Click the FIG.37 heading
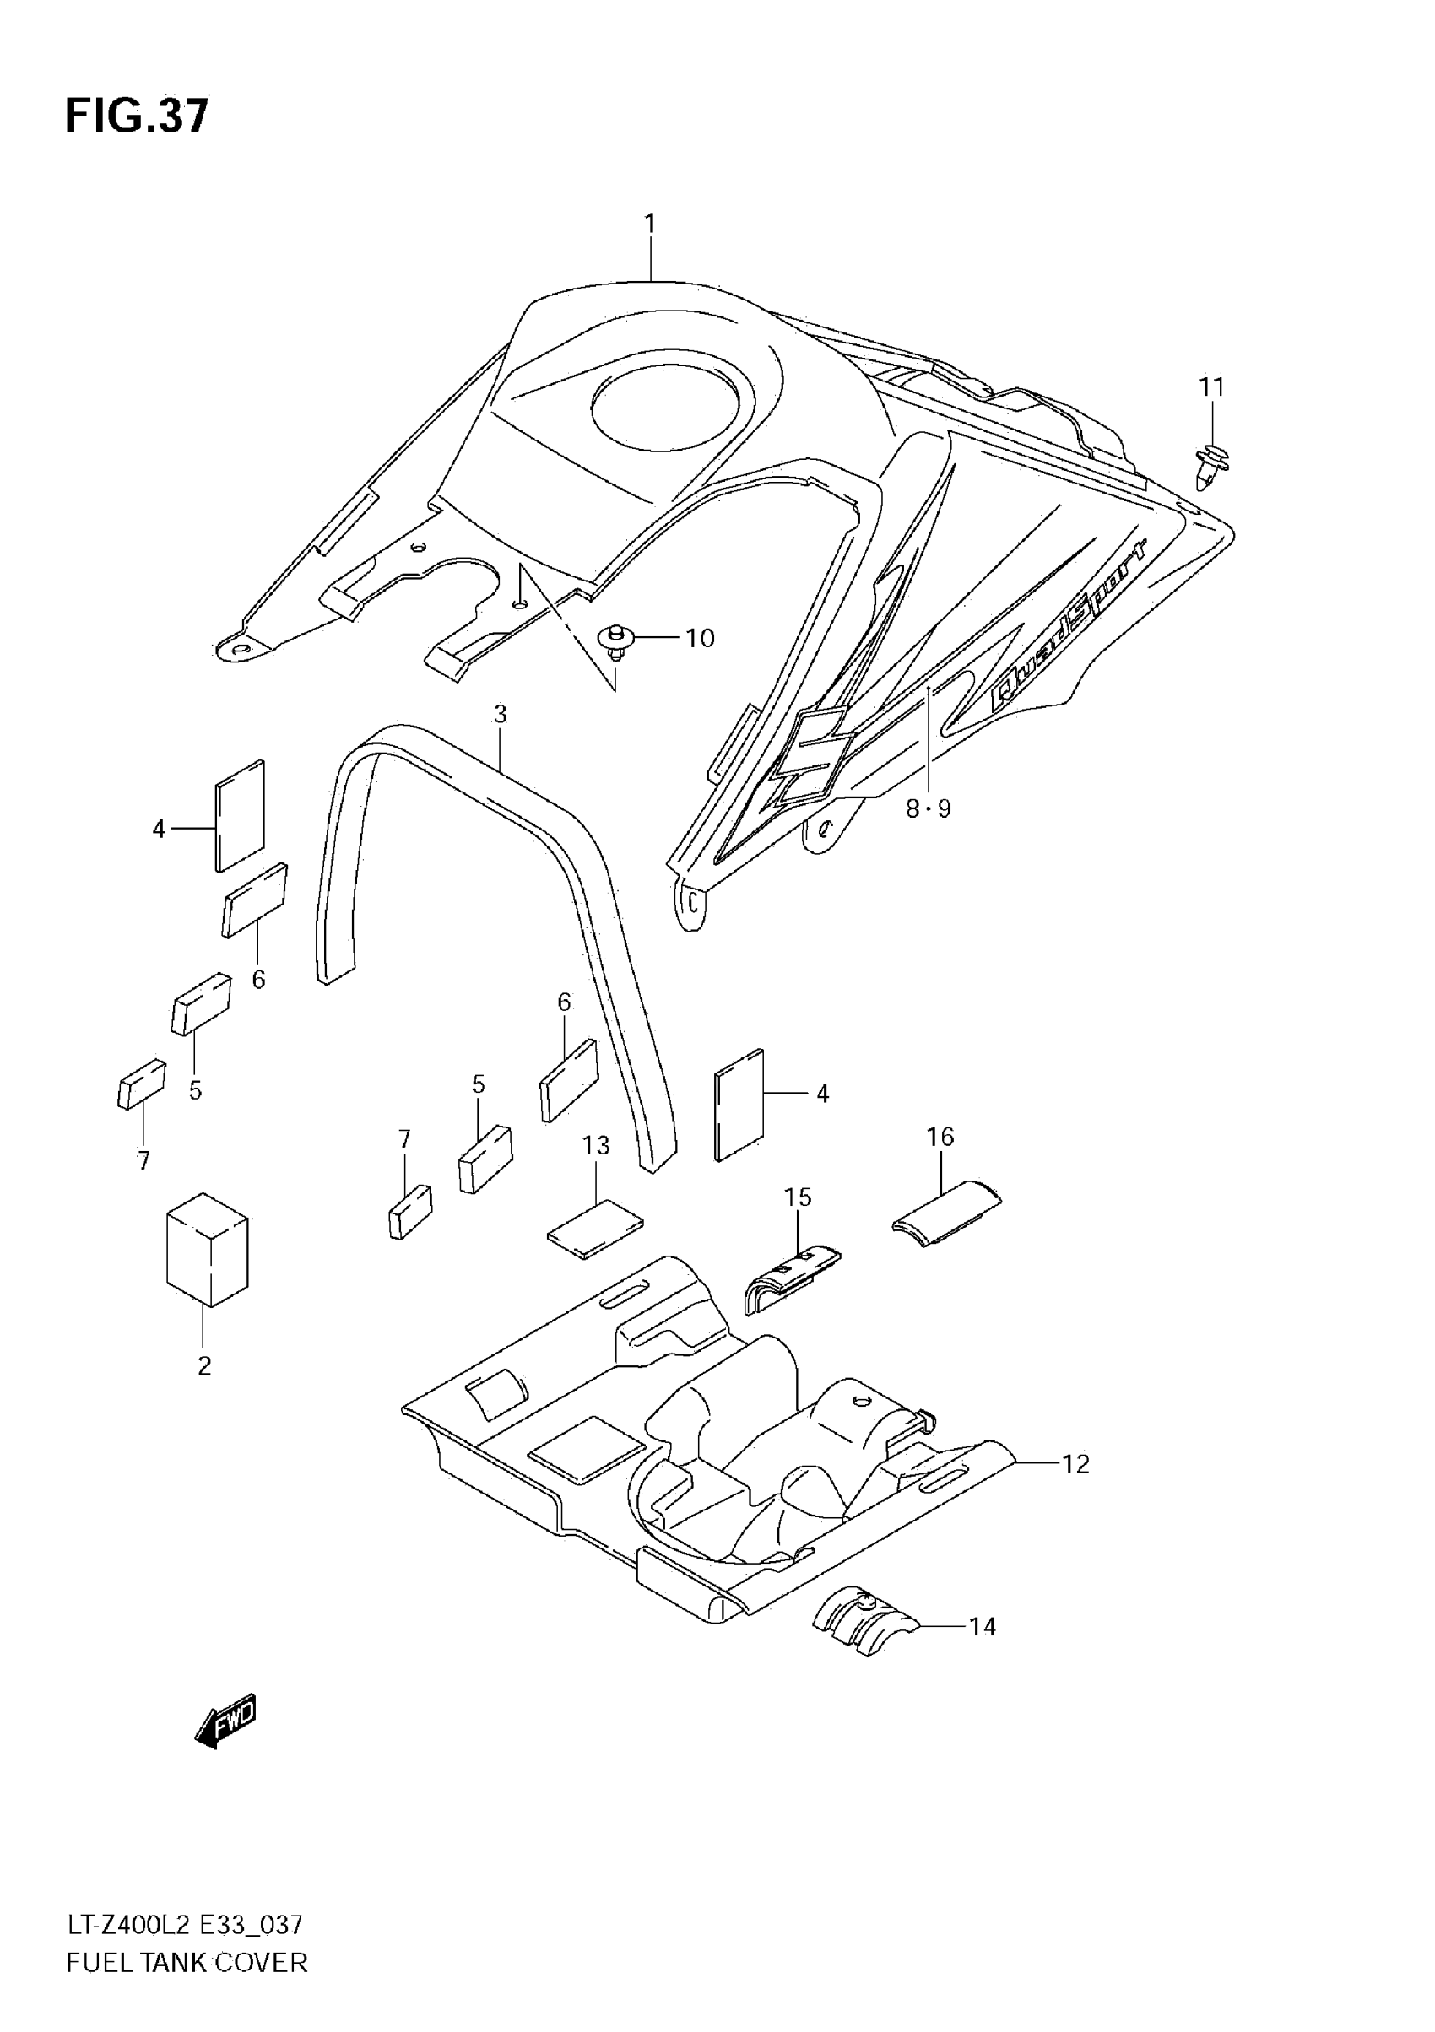pos(138,116)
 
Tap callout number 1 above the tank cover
pos(650,224)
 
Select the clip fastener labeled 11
pos(1210,463)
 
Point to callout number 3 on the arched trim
pos(501,714)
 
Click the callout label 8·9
pos(928,808)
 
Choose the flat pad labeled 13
pos(595,1229)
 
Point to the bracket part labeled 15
pos(789,1282)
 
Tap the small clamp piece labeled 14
pos(861,1620)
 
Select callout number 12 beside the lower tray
pos(1075,1465)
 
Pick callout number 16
pos(940,1137)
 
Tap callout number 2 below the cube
pos(204,1365)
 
